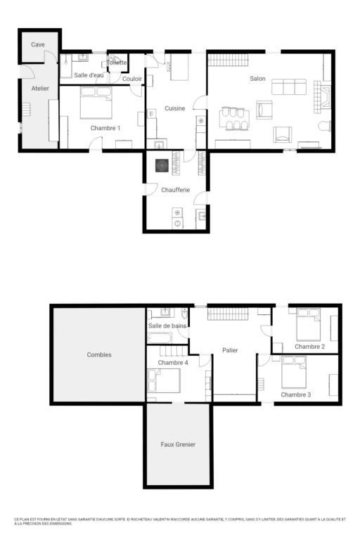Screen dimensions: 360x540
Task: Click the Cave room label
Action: (38, 44)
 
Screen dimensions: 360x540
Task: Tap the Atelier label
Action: (40, 89)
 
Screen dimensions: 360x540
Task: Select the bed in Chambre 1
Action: (96, 103)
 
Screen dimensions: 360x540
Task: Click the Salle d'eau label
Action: (89, 75)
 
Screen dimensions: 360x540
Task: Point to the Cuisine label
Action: (174, 108)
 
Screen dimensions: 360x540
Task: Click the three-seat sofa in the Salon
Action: (289, 86)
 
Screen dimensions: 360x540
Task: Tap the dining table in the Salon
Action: (234, 119)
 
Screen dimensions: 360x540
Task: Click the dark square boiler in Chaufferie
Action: (162, 166)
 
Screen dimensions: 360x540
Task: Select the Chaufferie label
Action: (175, 190)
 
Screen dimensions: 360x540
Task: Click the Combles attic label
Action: (99, 354)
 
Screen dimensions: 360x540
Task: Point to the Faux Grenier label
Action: (178, 444)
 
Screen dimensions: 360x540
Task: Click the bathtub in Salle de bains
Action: (160, 338)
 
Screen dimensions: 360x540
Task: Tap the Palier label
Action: (230, 350)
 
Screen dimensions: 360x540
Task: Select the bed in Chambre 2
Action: (309, 325)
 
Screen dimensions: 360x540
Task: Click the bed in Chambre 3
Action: (294, 372)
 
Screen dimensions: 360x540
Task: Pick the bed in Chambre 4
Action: (164, 380)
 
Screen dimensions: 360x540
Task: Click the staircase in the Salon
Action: (229, 60)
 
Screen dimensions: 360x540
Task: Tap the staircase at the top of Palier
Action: (228, 314)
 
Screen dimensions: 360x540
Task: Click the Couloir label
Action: (132, 79)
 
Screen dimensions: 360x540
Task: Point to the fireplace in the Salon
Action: (323, 97)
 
